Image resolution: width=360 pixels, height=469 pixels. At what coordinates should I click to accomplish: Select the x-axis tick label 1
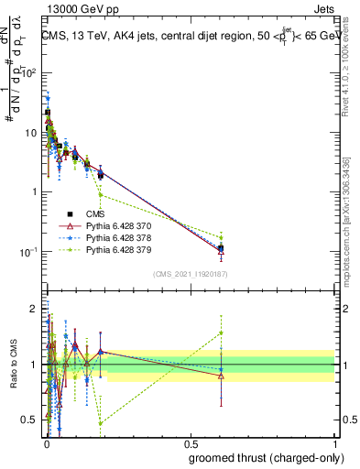pos(336,442)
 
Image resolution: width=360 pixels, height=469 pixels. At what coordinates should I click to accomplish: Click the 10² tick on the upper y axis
pos(29,73)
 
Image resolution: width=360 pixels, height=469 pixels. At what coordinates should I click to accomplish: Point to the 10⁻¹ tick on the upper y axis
pos(29,252)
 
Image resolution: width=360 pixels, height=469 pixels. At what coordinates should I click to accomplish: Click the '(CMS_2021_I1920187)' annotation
pos(191,274)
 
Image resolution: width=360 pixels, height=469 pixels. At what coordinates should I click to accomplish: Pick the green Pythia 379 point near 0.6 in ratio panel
pos(221,333)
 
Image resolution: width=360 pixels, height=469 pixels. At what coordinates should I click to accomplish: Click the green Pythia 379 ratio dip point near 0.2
pos(101,423)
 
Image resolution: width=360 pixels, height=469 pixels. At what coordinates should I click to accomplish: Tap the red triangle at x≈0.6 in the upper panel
pos(221,251)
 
